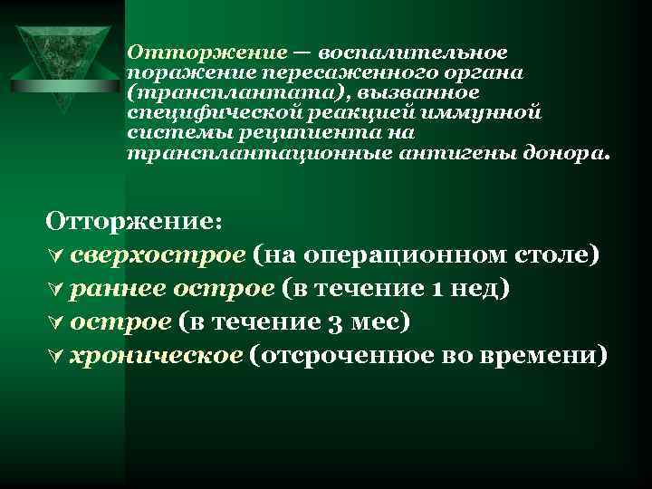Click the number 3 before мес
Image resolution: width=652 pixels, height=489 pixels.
tap(327, 321)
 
